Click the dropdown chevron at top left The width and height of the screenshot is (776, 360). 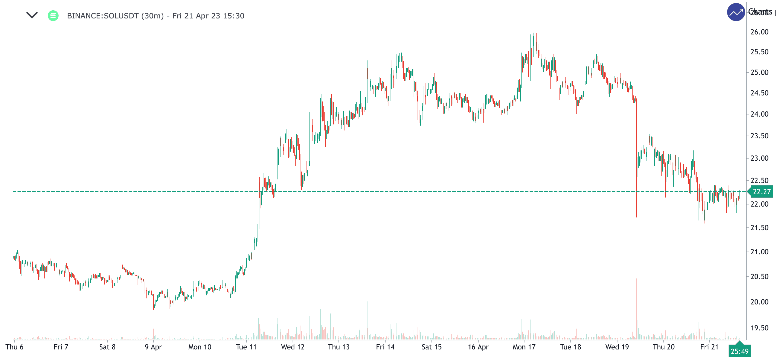pos(32,15)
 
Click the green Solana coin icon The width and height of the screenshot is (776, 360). pos(53,16)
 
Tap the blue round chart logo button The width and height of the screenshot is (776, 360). pos(736,12)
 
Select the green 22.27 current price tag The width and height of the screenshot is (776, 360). pos(761,192)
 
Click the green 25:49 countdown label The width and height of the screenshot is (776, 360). pos(739,351)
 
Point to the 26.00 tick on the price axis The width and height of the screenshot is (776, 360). pos(759,32)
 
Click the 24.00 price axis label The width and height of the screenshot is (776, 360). pos(759,114)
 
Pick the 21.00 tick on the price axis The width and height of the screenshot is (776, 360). pos(759,252)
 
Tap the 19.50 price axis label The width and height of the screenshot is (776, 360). pos(759,328)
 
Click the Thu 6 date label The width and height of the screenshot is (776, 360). pos(14,347)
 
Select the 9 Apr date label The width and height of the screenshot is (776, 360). pos(153,347)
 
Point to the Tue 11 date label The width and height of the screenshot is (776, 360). pos(246,347)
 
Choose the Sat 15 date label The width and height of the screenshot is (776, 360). pos(431,347)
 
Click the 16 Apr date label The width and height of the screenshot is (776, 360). pos(478,347)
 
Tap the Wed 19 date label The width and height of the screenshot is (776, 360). pos(617,347)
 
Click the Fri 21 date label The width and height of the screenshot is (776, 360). pos(709,347)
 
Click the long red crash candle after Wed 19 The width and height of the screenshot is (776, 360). pos(637,157)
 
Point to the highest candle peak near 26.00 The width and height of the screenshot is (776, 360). pos(535,33)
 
